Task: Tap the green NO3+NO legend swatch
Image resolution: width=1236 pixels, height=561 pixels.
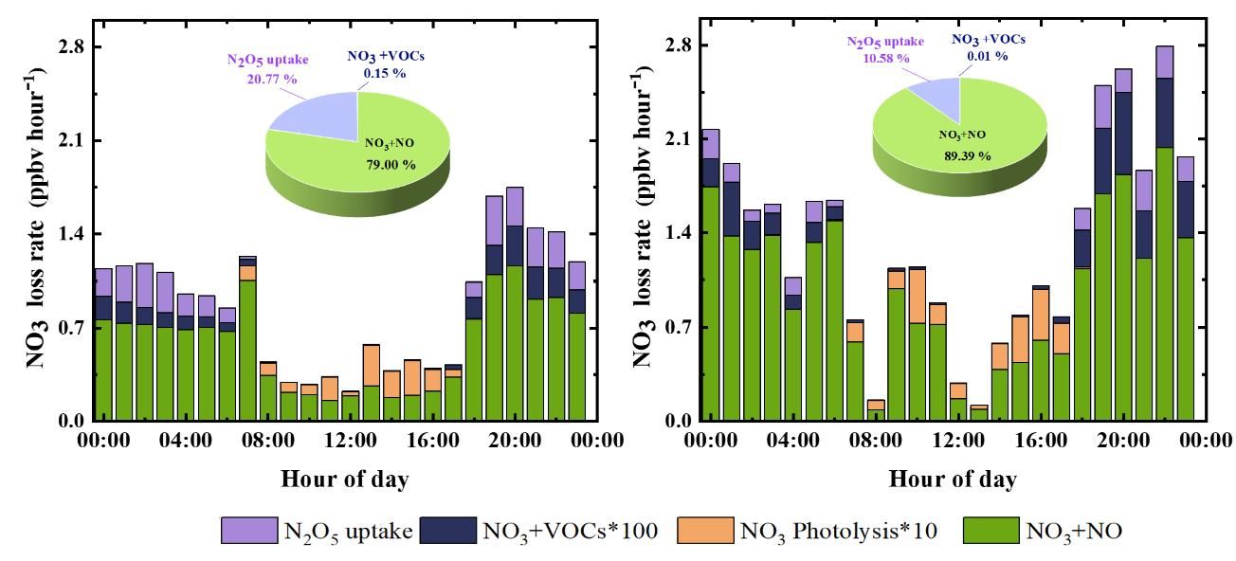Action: point(991,531)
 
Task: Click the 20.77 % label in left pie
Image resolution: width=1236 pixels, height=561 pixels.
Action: point(271,79)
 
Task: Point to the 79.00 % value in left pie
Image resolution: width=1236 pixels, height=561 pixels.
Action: point(390,164)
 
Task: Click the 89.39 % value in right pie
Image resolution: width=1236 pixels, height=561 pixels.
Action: point(965,154)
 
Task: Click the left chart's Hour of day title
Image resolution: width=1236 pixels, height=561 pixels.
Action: point(345,479)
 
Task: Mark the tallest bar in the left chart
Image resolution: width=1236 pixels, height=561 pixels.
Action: point(515,303)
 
